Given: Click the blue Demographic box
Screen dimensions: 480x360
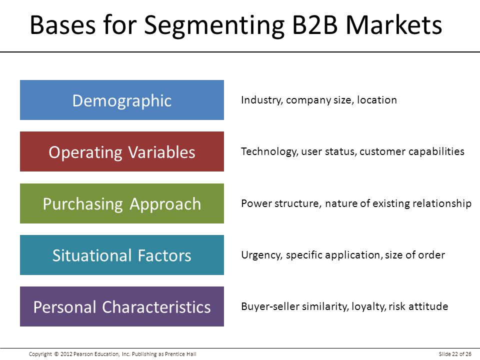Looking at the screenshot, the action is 122,100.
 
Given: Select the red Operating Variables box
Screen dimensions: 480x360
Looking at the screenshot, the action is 122,151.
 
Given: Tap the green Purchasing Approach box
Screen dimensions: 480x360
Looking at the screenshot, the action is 122,203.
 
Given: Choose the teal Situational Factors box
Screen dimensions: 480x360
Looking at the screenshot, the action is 122,255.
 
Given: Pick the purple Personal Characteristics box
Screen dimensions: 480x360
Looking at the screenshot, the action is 122,306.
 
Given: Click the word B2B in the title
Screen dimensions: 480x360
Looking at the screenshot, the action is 315,24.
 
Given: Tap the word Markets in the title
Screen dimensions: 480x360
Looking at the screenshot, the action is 394,24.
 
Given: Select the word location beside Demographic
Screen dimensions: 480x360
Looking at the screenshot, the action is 377,100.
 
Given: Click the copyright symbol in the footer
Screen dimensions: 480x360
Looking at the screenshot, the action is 56,354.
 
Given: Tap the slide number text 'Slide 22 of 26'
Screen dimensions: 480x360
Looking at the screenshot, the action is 455,354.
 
